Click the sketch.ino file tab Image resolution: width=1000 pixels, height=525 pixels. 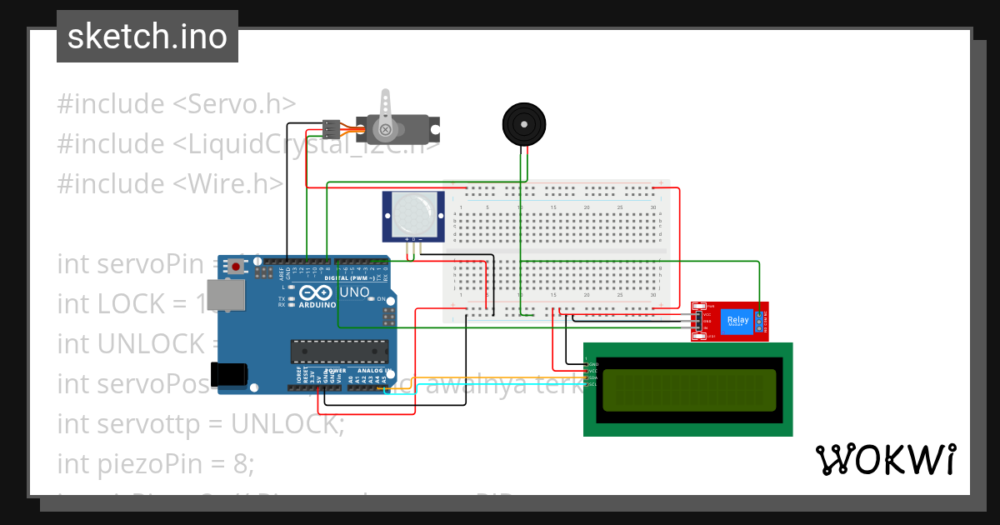click(147, 37)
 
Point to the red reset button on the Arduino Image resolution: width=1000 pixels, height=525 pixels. click(237, 267)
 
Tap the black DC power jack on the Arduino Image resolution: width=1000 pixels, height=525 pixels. click(228, 374)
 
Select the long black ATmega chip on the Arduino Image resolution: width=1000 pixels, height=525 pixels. click(339, 351)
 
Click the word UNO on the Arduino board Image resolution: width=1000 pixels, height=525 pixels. click(354, 292)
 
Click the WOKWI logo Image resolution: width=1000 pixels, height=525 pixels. click(885, 460)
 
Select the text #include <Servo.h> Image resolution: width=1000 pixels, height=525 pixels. click(176, 104)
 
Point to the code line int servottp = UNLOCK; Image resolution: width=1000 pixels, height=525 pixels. click(200, 423)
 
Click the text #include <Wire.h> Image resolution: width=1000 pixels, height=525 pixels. click(170, 183)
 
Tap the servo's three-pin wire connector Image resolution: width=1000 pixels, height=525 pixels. click(331, 129)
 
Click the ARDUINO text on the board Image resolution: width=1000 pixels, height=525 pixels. click(317, 305)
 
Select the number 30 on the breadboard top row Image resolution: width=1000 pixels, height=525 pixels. click(652, 207)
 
